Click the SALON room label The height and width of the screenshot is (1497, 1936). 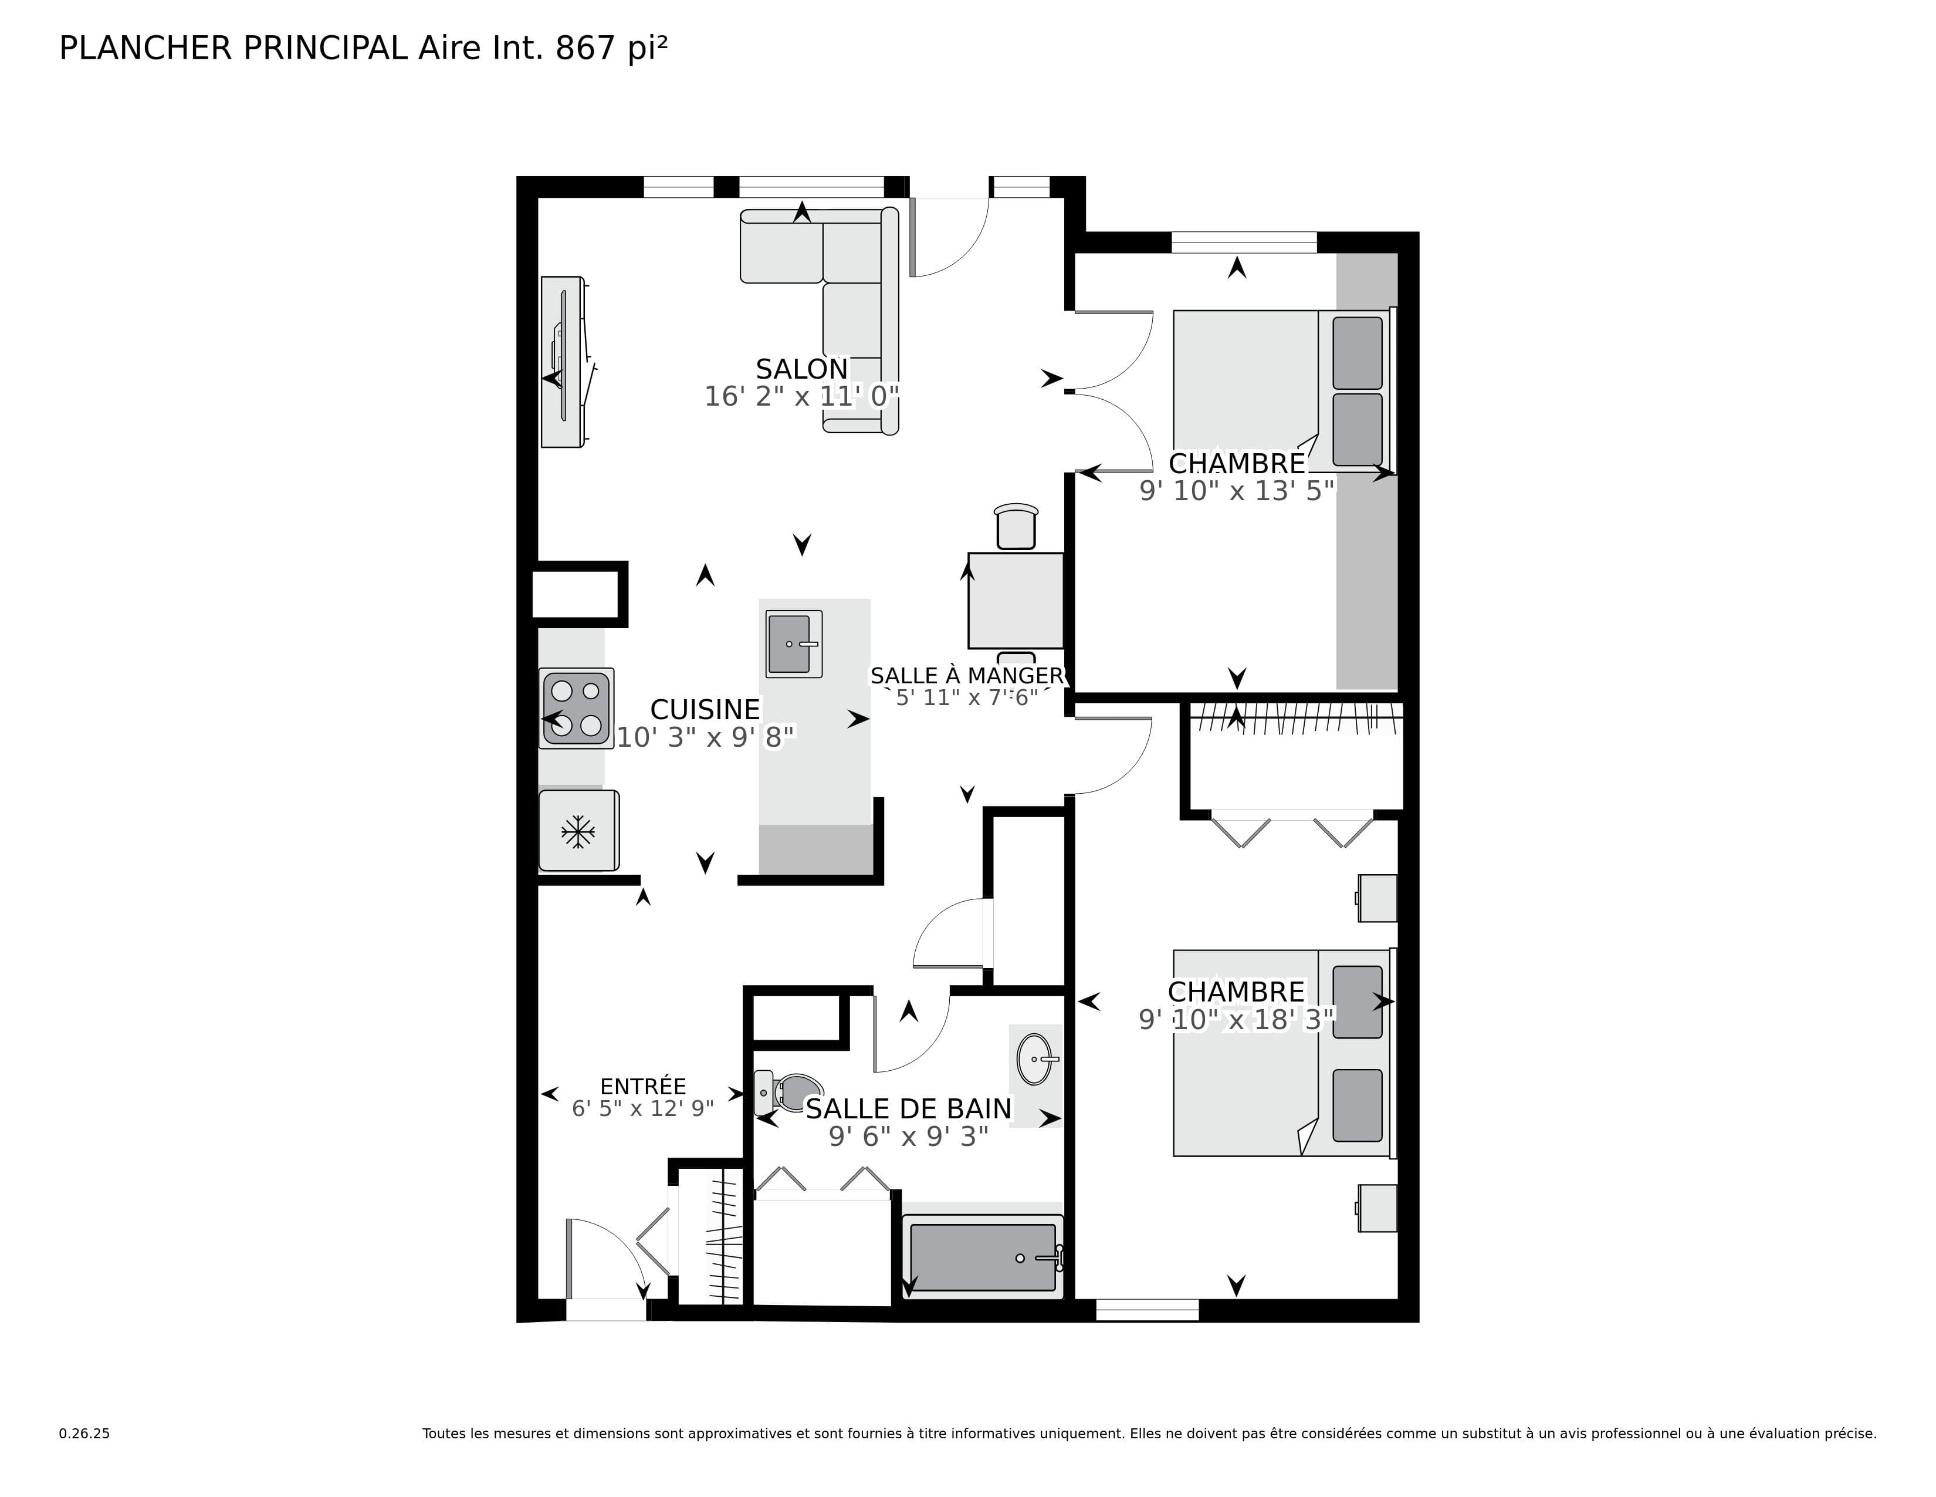(x=801, y=369)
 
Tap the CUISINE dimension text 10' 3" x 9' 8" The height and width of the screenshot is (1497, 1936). (x=706, y=737)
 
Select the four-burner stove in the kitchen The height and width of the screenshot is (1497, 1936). (x=576, y=708)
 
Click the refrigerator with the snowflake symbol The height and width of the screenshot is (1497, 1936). (x=578, y=831)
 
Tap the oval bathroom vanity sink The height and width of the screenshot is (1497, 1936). (x=1034, y=1059)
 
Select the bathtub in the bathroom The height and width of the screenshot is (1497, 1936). (x=982, y=1257)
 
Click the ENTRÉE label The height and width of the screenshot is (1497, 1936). (x=642, y=1087)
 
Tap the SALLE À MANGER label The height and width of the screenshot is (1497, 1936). (x=966, y=676)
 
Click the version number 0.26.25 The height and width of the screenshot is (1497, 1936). (x=84, y=1433)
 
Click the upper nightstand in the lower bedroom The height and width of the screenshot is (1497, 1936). (x=1377, y=898)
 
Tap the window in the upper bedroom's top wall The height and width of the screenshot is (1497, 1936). (x=1244, y=241)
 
